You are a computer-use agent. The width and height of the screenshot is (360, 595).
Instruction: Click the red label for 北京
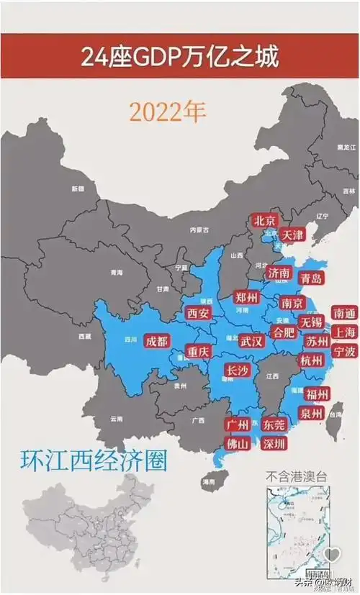264,221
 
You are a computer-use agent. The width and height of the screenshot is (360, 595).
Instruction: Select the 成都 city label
158,341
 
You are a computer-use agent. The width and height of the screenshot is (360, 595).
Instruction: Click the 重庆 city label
197,352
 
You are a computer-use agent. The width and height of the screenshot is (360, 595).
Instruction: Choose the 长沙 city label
238,371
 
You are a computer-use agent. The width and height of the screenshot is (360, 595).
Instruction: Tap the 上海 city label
343,332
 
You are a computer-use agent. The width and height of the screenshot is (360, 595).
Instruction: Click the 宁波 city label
343,352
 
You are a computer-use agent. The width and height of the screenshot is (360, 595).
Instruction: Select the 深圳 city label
274,443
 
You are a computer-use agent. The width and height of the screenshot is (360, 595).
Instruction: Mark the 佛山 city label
238,443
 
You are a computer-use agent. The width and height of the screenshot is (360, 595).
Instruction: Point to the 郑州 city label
247,297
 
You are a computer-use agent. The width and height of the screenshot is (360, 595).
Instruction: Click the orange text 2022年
168,112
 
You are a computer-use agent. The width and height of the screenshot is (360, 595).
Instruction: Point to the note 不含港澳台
295,475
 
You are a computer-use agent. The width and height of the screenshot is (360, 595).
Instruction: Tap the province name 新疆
77,189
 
